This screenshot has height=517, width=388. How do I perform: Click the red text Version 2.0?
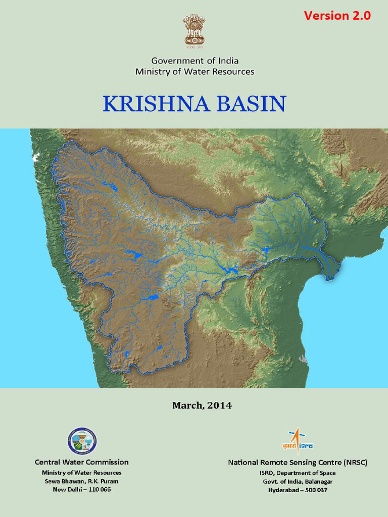(x=337, y=16)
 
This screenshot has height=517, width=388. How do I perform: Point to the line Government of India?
(x=195, y=61)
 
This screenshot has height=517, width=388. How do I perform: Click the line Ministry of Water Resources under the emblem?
(x=195, y=72)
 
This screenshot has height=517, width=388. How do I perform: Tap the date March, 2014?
(x=202, y=405)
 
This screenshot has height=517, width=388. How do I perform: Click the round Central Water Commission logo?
(x=82, y=441)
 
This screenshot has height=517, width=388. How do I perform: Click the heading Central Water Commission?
(x=81, y=462)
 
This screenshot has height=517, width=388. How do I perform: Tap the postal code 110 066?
(x=99, y=490)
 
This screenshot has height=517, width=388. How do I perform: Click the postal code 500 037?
(x=315, y=490)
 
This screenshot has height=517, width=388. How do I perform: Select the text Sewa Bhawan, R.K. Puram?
(x=81, y=481)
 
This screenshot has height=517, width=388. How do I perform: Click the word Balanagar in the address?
(x=317, y=481)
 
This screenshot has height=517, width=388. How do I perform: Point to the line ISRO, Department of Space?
(x=298, y=473)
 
